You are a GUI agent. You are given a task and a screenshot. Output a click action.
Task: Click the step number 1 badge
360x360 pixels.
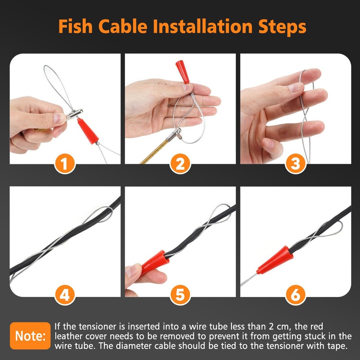[x=65, y=164]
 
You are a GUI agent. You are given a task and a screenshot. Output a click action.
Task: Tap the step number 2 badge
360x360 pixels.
[x=180, y=164]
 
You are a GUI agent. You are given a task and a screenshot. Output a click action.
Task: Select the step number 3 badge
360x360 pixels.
[x=295, y=164]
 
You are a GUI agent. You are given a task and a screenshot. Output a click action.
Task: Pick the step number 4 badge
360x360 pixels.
[x=65, y=296]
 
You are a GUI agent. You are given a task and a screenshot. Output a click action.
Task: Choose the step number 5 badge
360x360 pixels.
[x=180, y=296]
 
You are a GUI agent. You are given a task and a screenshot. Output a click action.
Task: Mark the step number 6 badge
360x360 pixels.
[x=295, y=296]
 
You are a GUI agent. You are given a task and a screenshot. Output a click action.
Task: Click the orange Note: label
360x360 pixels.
[x=30, y=336]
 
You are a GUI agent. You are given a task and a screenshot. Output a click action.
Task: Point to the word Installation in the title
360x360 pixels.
[x=200, y=27]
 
